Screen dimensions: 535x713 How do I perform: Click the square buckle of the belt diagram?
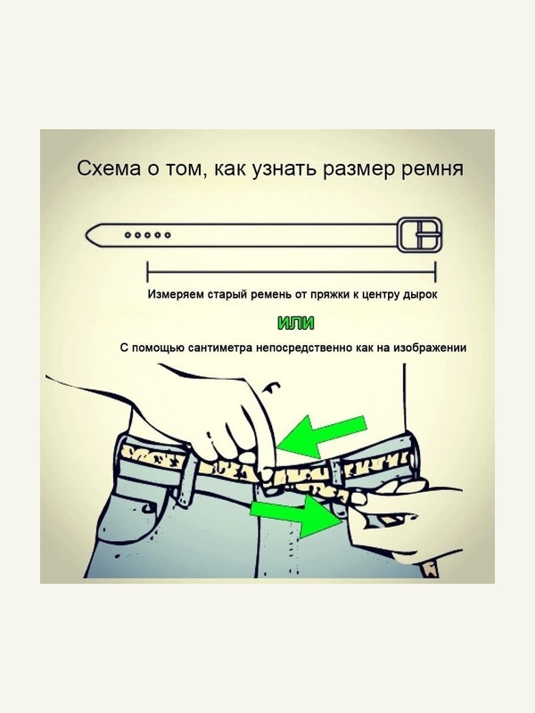click(420, 234)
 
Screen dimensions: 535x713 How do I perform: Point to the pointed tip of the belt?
click(86, 235)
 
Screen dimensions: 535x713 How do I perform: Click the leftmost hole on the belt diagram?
click(128, 235)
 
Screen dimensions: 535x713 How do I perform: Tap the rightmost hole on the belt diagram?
click(168, 235)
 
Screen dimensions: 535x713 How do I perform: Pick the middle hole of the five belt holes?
click(148, 235)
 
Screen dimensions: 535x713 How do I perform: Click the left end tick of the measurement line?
click(147, 272)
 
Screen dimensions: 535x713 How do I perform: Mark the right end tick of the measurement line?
click(435, 272)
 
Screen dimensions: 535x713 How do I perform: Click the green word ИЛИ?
click(296, 324)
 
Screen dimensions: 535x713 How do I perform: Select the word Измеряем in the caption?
click(176, 295)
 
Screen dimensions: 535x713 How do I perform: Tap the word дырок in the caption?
click(420, 295)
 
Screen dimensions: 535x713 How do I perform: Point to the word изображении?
click(430, 348)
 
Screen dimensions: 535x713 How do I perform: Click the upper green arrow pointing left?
click(321, 435)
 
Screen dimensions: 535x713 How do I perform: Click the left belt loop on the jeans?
click(188, 481)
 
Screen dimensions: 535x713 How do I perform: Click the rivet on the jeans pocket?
click(146, 507)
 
